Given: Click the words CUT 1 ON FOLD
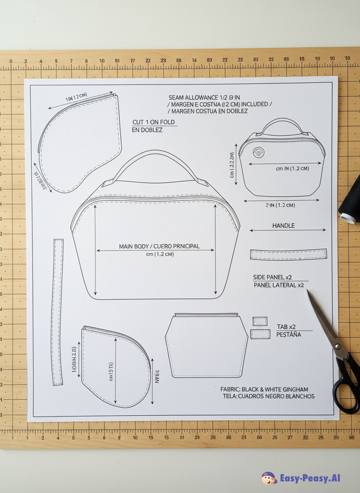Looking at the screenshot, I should tap(153, 122).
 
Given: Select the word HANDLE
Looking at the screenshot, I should tap(283, 225).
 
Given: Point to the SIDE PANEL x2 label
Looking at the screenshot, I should tap(273, 277).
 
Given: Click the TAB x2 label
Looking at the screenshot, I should tap(286, 327).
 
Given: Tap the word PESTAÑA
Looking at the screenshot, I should tap(288, 335).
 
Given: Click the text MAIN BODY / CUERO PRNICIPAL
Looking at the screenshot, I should tap(159, 246).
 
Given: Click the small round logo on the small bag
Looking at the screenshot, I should tap(258, 153).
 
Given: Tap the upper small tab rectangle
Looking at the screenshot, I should tap(260, 321).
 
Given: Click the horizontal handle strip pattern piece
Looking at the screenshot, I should tap(288, 254).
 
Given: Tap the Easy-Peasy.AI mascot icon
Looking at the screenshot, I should tap(269, 478).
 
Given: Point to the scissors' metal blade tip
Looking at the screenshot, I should tap(309, 292).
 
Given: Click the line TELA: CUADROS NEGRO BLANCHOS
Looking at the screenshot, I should tap(268, 396).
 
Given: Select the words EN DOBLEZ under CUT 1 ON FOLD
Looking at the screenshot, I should tap(147, 130).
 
